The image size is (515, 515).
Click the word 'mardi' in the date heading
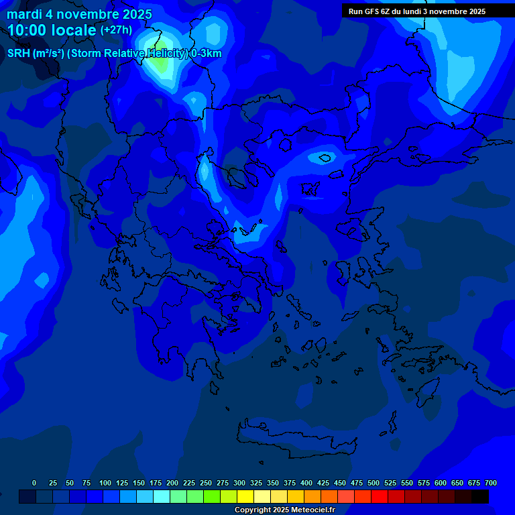pos(24,14)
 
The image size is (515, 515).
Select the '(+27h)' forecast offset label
pos(116,30)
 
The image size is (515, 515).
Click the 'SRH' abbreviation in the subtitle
pos(19,54)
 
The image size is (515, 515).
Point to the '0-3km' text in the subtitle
pos(206,54)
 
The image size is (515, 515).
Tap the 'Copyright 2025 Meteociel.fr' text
pos(284,510)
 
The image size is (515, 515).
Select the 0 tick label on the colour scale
pos(34,483)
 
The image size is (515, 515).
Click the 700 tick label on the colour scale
pos(490,483)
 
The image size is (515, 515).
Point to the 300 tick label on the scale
pos(239,483)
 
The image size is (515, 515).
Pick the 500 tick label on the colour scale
pos(374,483)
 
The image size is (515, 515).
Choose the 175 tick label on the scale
pos(156,483)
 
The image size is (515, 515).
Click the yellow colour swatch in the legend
pos(245,496)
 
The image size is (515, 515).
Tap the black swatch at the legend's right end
pos(480,496)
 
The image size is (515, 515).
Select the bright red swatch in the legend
pos(380,496)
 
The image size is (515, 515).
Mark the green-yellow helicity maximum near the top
pos(160,65)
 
